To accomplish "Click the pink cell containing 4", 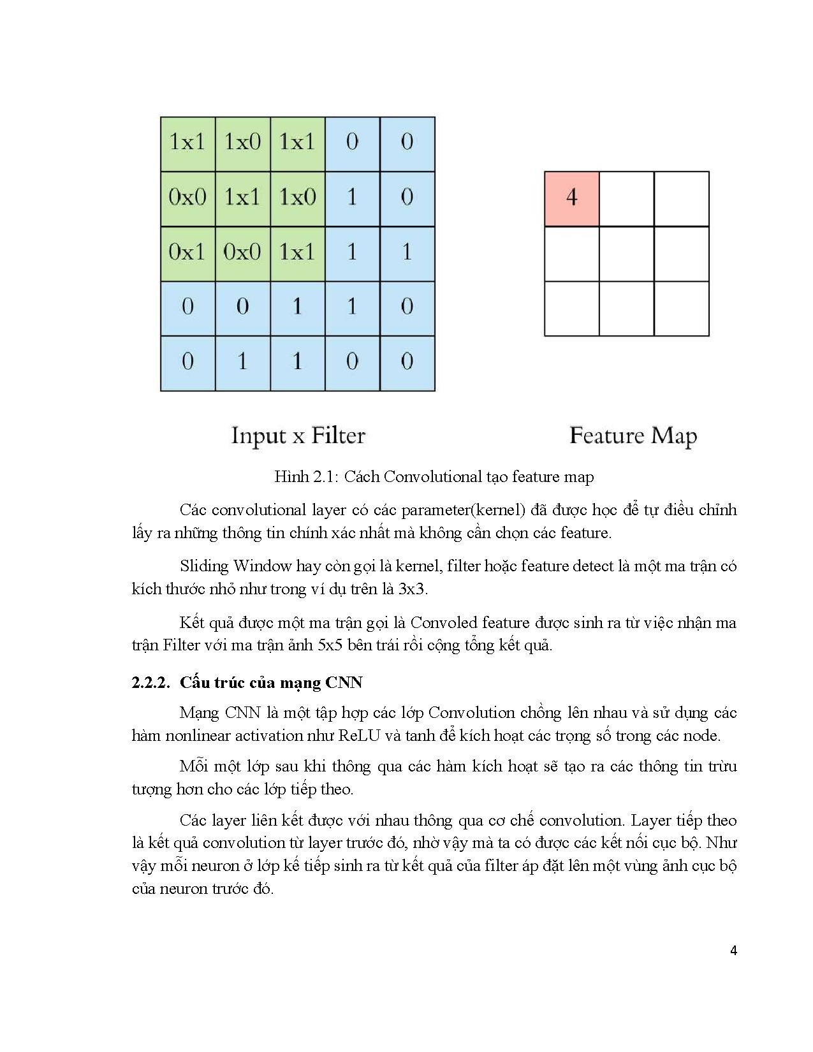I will point(571,198).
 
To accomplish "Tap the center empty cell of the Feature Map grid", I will point(626,254).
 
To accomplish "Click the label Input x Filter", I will point(298,436).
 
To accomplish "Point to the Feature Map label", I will point(633,436).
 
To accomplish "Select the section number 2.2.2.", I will point(150,683).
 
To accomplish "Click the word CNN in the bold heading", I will point(344,683).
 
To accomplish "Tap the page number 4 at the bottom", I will point(733,951).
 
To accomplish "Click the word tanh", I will point(420,736).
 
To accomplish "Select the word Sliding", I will point(204,566).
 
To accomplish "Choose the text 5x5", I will point(330,645).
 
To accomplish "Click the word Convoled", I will point(444,623).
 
